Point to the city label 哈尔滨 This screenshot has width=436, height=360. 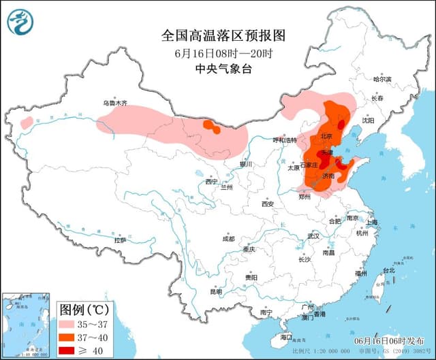pyautogui.click(x=383, y=80)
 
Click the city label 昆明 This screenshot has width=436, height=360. pyautogui.click(x=215, y=291)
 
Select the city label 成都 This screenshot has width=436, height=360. pyautogui.click(x=228, y=239)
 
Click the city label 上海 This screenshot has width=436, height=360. pyautogui.click(x=371, y=223)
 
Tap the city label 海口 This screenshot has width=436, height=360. pyautogui.click(x=285, y=337)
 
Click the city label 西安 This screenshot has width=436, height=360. pyautogui.click(x=267, y=204)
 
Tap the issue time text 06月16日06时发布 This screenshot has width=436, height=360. pyautogui.click(x=390, y=340)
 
